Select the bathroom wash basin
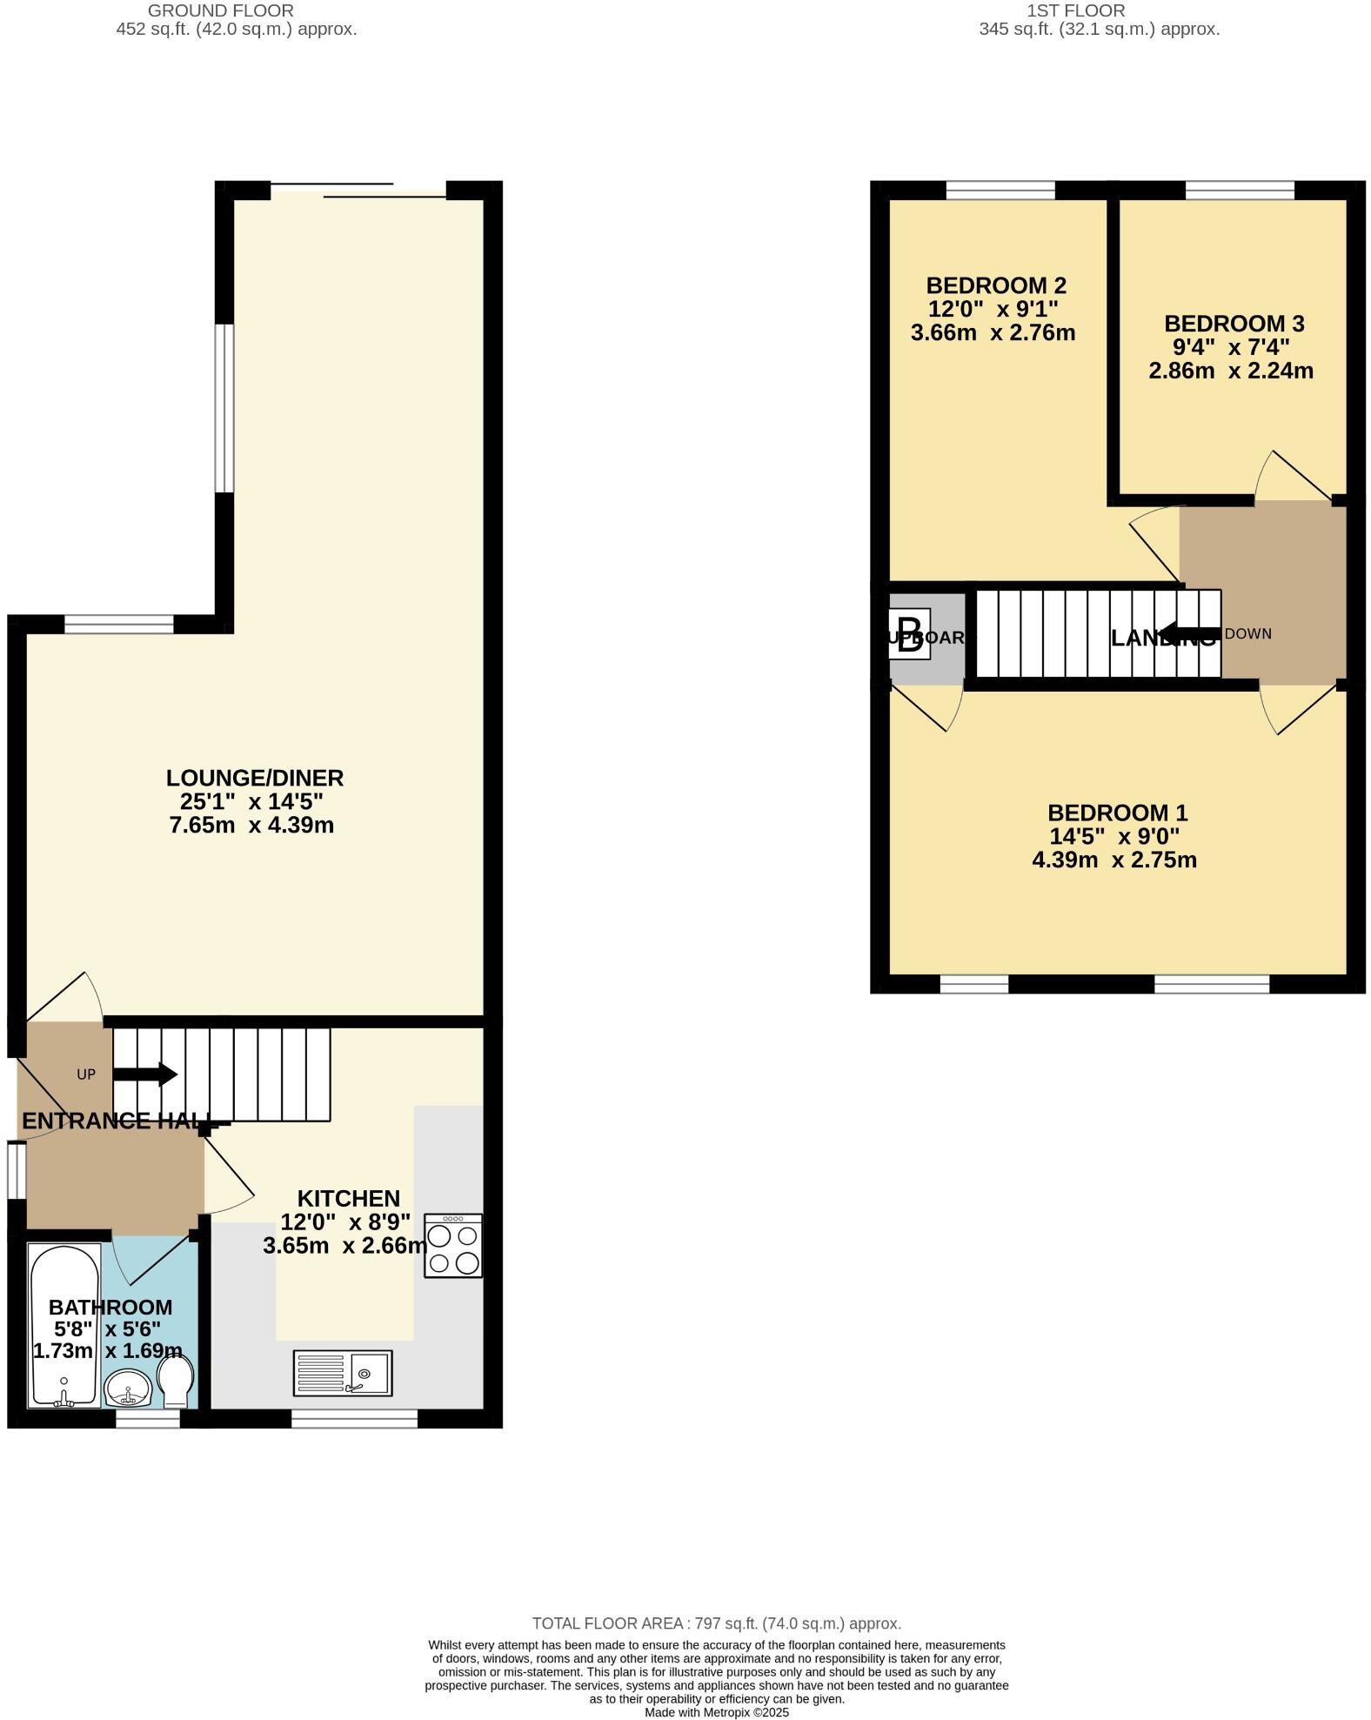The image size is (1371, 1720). pyautogui.click(x=128, y=1387)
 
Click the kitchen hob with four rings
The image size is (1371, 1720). pyautogui.click(x=452, y=1246)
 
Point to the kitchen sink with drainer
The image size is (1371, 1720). pyautogui.click(x=343, y=1373)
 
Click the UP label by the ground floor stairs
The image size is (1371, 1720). pyautogui.click(x=85, y=1074)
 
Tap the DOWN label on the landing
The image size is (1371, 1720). pyautogui.click(x=1247, y=633)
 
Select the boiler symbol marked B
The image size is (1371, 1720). pyautogui.click(x=909, y=636)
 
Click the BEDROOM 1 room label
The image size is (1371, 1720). pyautogui.click(x=1117, y=813)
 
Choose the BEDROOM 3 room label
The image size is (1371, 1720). pyautogui.click(x=1234, y=324)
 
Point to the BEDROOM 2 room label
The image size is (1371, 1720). pyautogui.click(x=995, y=285)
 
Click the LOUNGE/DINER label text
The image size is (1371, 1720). pyautogui.click(x=255, y=778)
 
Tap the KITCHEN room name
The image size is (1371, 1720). pyautogui.click(x=348, y=1198)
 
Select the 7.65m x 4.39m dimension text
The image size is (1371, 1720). pyautogui.click(x=251, y=825)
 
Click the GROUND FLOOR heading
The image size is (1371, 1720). pyautogui.click(x=220, y=10)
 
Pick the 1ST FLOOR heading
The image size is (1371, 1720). pyautogui.click(x=1075, y=10)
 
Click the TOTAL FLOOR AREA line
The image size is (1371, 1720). pyautogui.click(x=716, y=1623)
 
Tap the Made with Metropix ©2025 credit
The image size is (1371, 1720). pyautogui.click(x=716, y=1712)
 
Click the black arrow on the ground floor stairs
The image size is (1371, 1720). pyautogui.click(x=145, y=1074)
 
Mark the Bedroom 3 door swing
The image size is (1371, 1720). pyautogui.click(x=1294, y=477)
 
